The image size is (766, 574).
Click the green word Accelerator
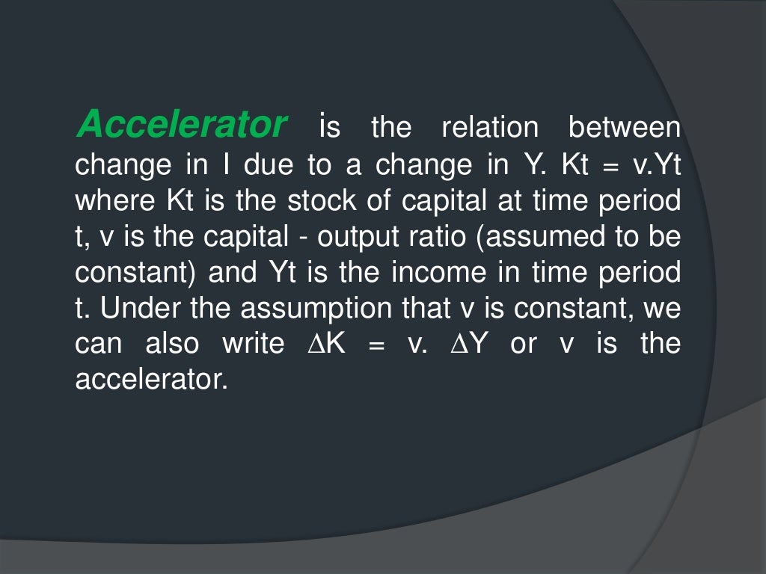coord(182,124)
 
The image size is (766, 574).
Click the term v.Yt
coord(657,164)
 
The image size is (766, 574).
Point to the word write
coord(253,345)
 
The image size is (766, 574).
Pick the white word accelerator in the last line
coord(150,380)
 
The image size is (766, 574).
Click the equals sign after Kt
coord(610,166)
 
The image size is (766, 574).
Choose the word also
coord(172,345)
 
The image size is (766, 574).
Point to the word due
coord(269,164)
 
